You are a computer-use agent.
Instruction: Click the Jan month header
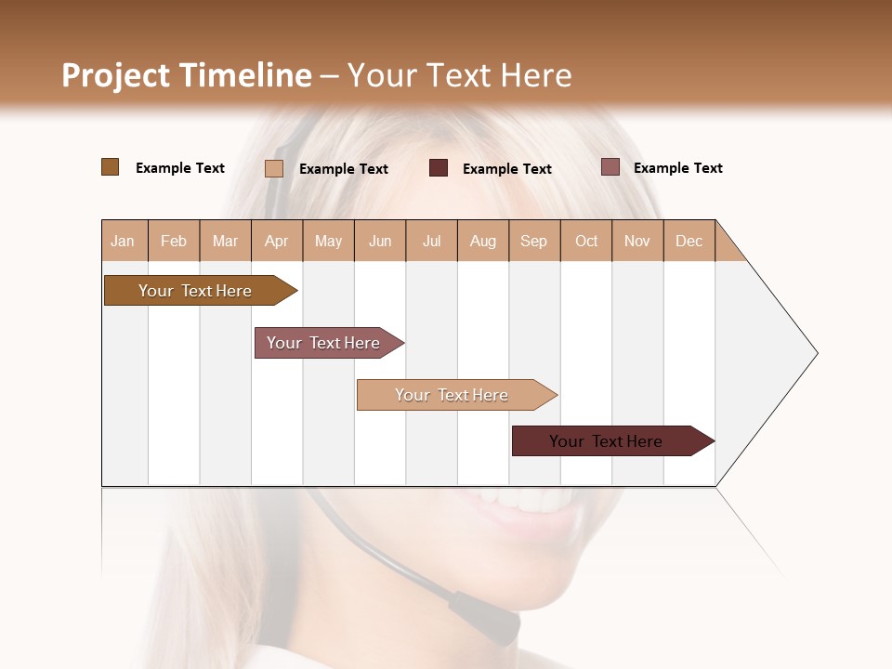123,241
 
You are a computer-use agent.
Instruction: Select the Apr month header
276,241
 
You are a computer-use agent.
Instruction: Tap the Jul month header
431,241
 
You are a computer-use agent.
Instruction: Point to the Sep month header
533,241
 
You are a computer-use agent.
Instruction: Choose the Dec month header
689,241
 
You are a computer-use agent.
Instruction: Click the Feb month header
174,241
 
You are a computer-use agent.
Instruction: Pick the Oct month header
586,241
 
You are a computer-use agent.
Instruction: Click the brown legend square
110,167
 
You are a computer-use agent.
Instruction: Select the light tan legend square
274,168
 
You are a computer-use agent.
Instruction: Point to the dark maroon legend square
439,168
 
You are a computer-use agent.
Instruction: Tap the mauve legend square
610,167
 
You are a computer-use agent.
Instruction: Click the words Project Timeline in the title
187,75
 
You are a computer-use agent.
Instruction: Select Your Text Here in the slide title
460,75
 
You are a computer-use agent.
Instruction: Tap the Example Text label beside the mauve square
677,168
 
